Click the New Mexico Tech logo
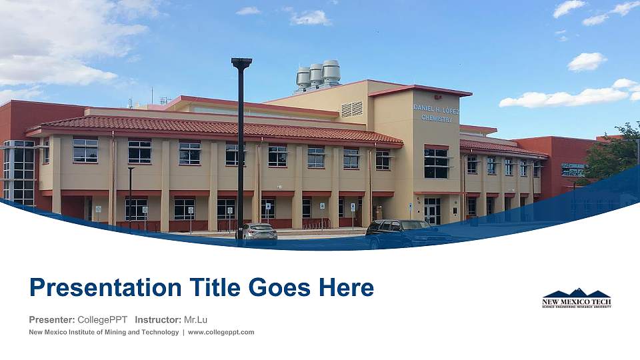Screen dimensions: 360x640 tap(577, 299)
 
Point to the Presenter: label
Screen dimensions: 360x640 tap(52, 319)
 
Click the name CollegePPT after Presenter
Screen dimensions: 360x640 tap(102, 319)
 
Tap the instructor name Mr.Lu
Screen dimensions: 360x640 tap(195, 319)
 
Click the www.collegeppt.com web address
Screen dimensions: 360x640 tap(221, 332)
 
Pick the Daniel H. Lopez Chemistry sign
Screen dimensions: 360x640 tap(436, 113)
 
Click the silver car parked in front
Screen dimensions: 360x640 tap(258, 231)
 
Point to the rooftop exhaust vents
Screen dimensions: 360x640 tap(319, 75)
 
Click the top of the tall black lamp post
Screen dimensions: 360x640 tap(241, 63)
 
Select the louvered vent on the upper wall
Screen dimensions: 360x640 tap(352, 109)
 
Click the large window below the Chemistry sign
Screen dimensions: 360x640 tap(436, 163)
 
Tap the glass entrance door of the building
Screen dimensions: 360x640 tap(432, 210)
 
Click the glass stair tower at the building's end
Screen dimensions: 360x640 tap(19, 172)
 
